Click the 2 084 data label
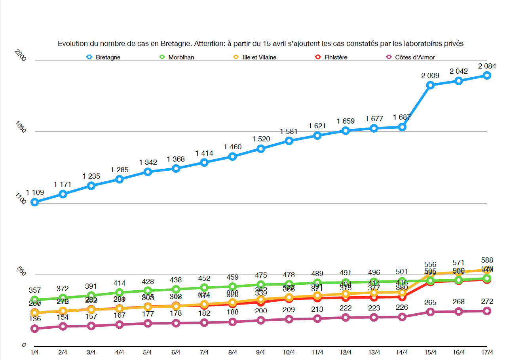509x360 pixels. click(487, 66)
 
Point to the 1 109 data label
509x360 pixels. click(35, 192)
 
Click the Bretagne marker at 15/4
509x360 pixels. click(431, 85)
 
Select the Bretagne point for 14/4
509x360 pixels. click(402, 127)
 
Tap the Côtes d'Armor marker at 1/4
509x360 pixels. click(35, 329)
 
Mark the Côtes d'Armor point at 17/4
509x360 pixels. click(487, 311)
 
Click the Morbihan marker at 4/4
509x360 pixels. click(120, 293)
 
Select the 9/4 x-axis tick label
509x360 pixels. click(261, 352)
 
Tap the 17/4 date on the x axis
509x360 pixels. click(486, 352)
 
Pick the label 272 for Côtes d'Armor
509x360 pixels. click(487, 301)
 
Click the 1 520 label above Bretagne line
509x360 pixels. click(261, 139)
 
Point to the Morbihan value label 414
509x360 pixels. click(120, 283)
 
